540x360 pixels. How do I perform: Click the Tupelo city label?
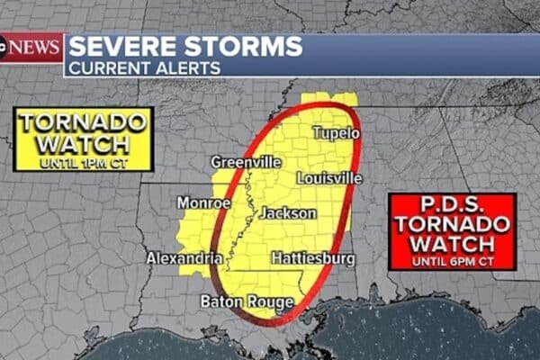click(336, 133)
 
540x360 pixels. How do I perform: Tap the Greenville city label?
click(246, 162)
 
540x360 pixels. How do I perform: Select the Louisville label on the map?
click(329, 178)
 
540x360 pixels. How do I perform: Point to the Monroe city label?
click(203, 202)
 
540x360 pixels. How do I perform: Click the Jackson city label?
click(288, 213)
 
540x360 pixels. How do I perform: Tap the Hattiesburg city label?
click(312, 258)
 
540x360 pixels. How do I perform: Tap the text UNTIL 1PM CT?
click(83, 163)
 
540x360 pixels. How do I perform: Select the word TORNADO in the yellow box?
click(83, 123)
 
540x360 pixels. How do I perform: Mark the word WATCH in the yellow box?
click(83, 144)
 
